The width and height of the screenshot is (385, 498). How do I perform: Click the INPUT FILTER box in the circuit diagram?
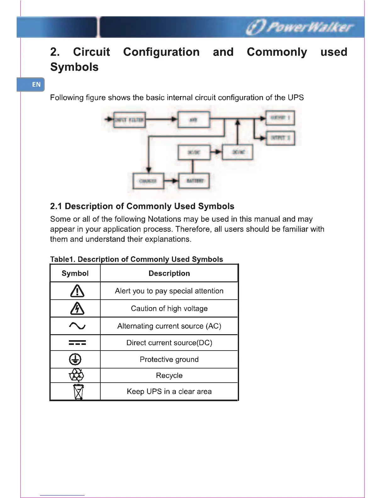tap(129, 120)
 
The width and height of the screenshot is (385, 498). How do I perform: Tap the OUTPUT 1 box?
tap(280, 118)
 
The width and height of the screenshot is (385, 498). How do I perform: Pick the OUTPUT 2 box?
tap(280, 138)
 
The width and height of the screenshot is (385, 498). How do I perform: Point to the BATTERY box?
tap(194, 181)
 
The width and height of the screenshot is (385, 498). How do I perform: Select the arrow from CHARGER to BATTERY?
tap(171, 181)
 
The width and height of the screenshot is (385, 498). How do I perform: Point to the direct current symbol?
tap(77, 343)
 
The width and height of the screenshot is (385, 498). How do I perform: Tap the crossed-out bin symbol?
tap(78, 391)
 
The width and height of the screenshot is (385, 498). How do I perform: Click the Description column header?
tap(169, 274)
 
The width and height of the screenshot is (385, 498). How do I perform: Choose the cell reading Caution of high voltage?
tap(169, 308)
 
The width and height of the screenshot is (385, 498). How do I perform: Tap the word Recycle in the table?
tap(169, 375)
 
